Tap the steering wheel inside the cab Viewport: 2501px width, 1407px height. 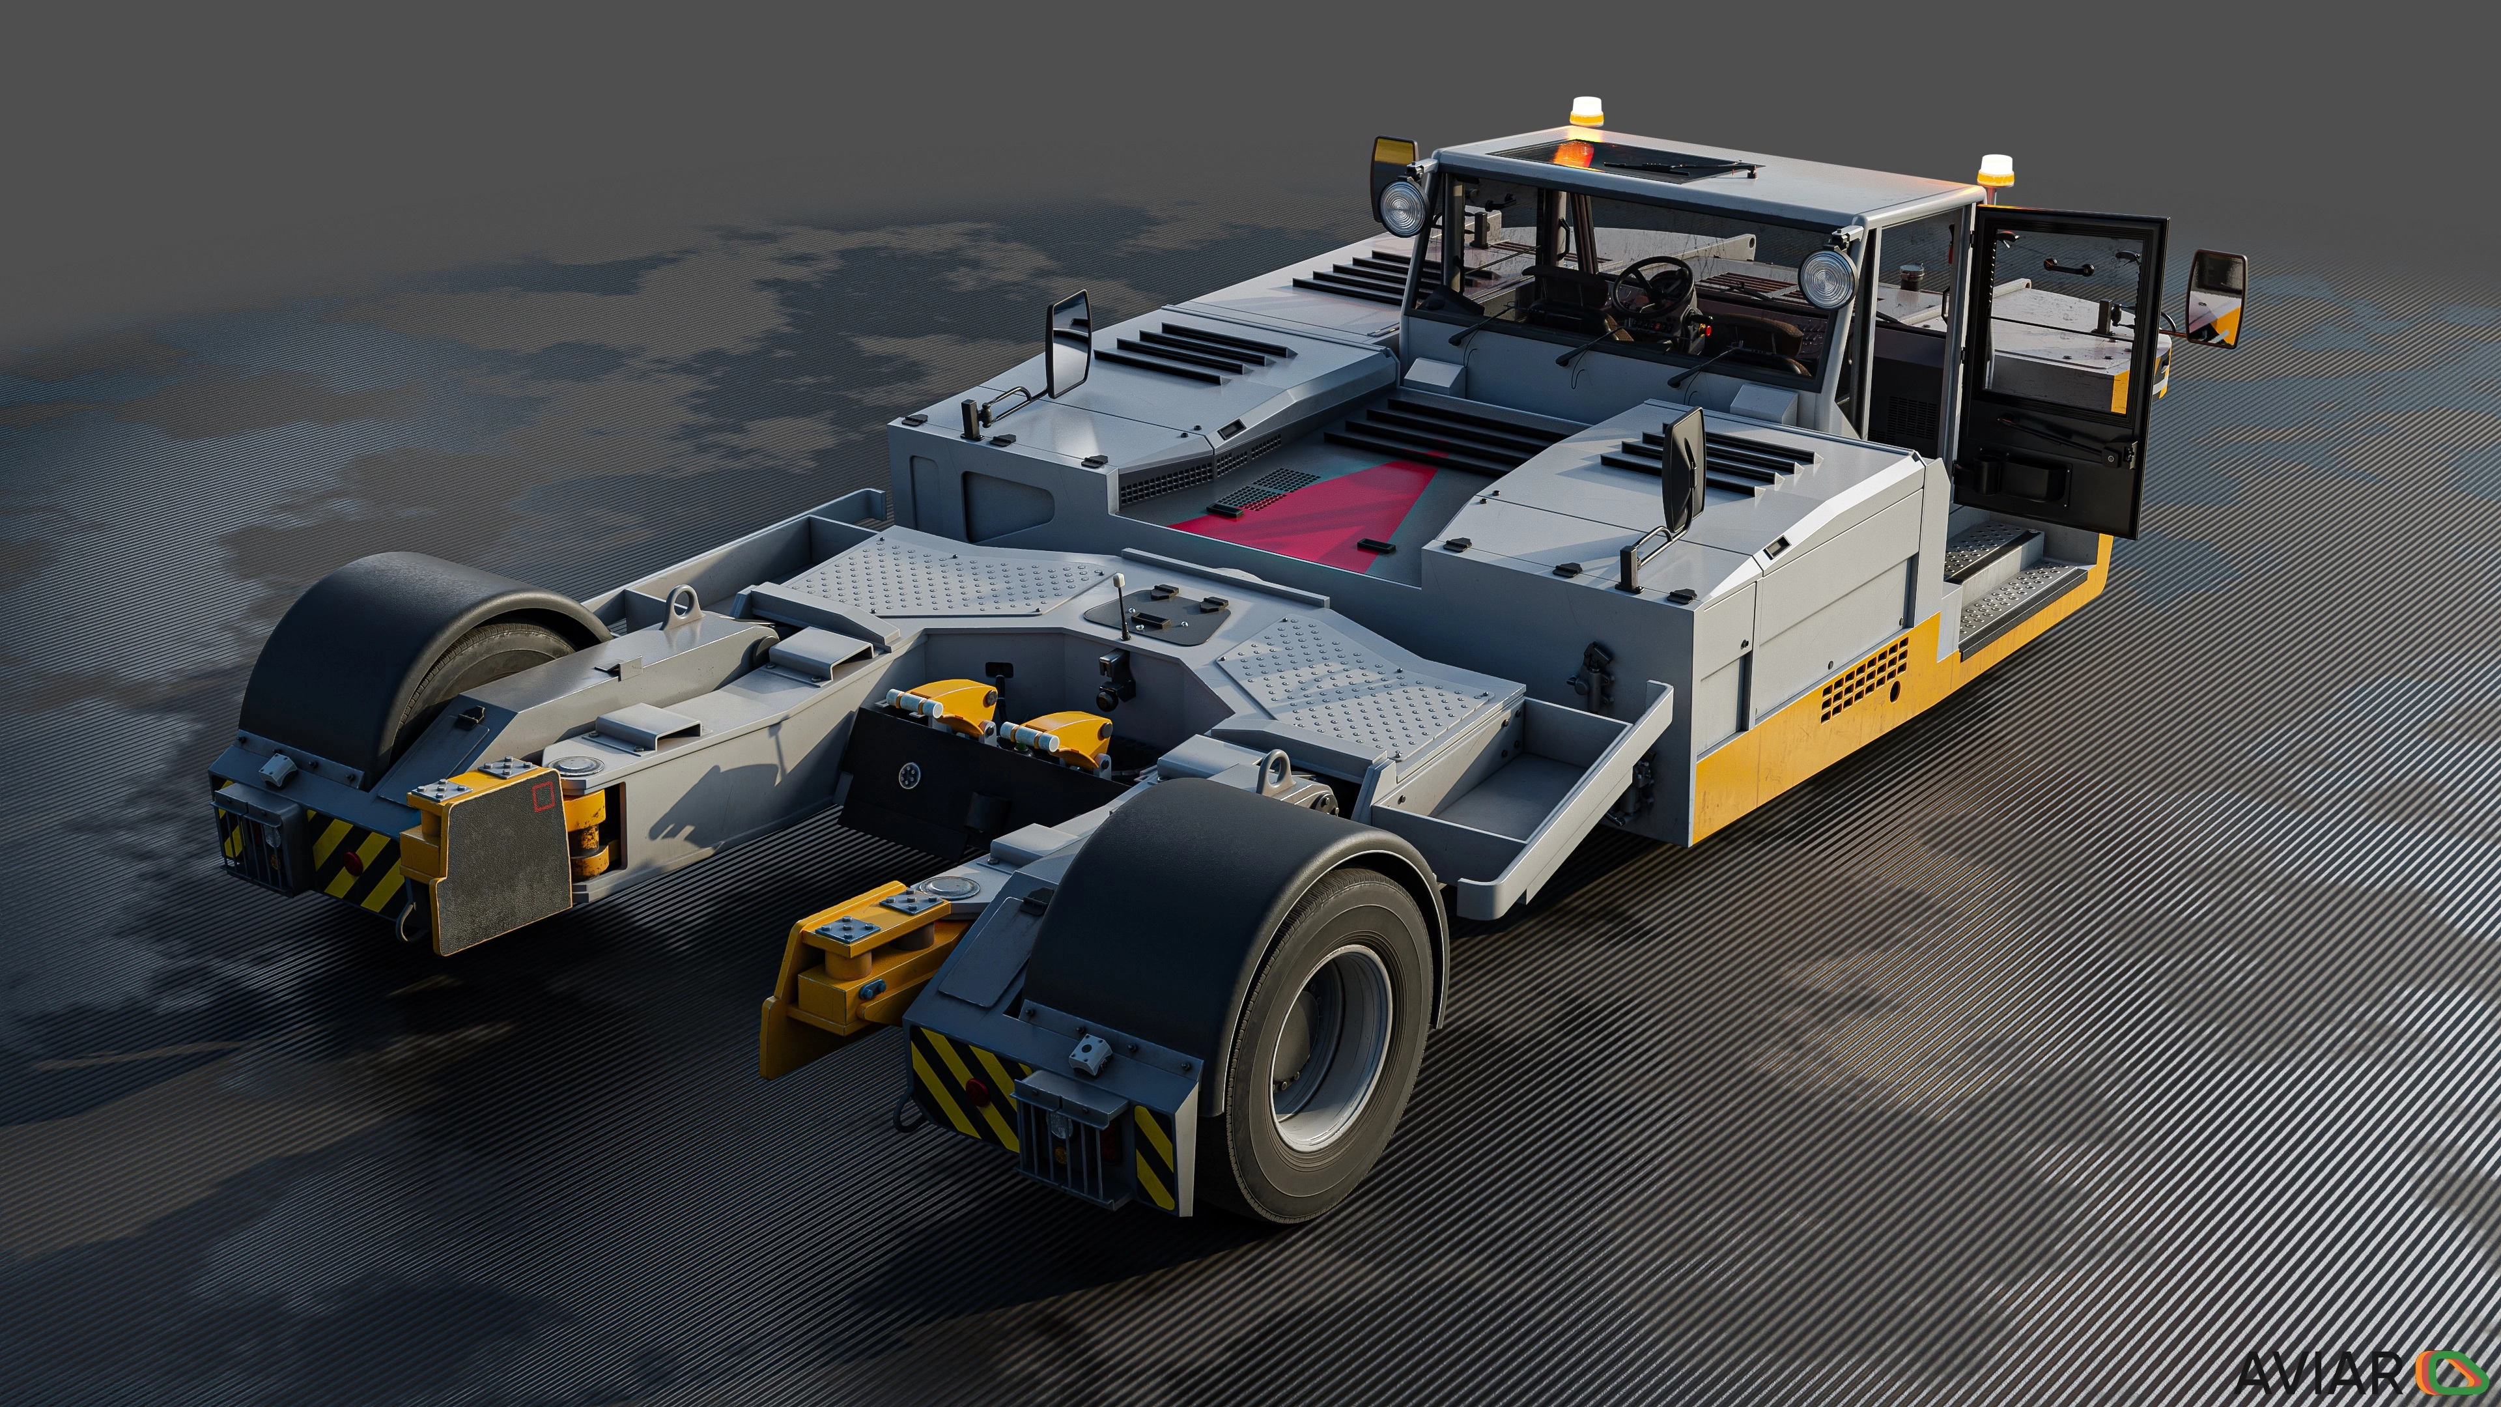click(1652, 285)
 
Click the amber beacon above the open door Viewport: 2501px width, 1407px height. click(1995, 172)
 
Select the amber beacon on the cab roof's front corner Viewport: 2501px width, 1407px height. click(1587, 113)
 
